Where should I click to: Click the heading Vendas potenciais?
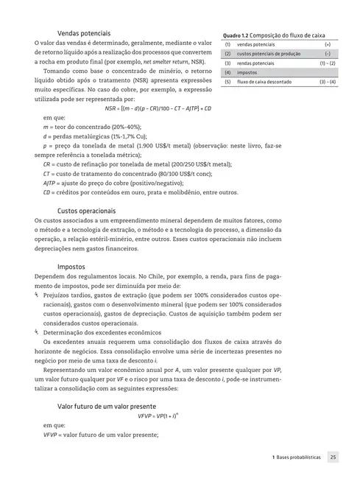pos(85,32)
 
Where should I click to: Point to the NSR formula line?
pos(169,108)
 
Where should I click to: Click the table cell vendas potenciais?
pos(255,45)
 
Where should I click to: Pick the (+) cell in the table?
pos(326,45)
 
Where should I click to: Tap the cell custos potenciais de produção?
pos(265,54)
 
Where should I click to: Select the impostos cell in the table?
pos(247,73)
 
